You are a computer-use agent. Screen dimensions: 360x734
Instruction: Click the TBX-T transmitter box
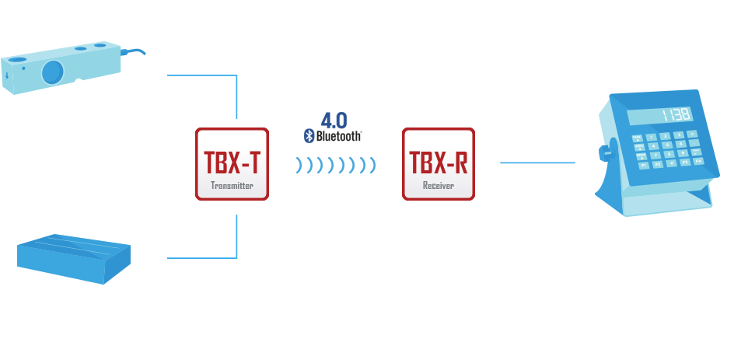(x=232, y=164)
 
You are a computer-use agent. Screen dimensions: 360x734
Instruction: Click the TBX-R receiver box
(x=439, y=164)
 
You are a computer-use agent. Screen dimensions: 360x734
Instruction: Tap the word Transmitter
(x=232, y=187)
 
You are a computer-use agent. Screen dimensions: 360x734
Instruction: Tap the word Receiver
(x=439, y=187)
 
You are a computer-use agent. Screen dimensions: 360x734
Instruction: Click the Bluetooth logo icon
(x=308, y=136)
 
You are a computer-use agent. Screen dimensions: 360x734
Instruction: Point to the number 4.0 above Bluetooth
(x=334, y=120)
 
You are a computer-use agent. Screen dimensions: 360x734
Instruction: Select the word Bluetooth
(x=338, y=136)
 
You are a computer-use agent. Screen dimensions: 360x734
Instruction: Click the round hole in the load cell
(x=52, y=72)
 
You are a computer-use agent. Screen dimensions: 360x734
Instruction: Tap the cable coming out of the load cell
(x=134, y=53)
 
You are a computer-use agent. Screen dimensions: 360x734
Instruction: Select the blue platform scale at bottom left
(x=74, y=256)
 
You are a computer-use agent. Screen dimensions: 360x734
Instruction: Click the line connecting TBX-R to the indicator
(x=537, y=163)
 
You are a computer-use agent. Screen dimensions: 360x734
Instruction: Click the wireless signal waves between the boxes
(x=336, y=165)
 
